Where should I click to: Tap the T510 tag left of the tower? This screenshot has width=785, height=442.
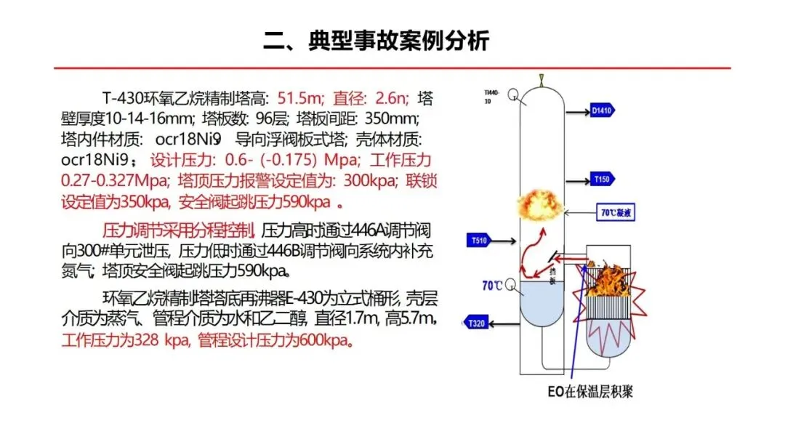[478, 241]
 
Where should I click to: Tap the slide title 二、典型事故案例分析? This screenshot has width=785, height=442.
[376, 41]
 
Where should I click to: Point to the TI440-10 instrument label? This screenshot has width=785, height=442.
[494, 97]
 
